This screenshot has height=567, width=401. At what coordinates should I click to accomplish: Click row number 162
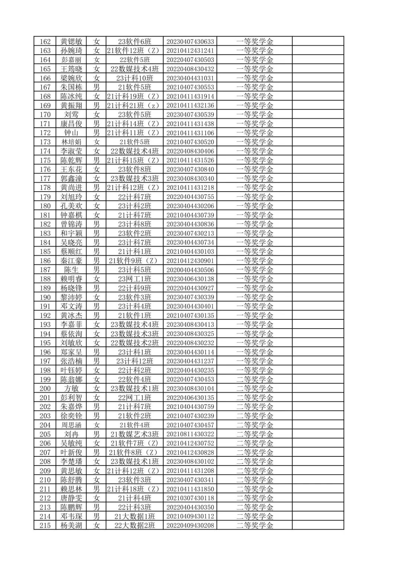(45, 42)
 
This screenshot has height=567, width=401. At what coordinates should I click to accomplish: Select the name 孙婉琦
(71, 51)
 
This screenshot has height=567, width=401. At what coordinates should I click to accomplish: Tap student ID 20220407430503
(190, 60)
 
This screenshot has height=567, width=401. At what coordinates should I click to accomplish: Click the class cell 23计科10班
(134, 78)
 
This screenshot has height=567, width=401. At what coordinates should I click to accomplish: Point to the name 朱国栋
(71, 87)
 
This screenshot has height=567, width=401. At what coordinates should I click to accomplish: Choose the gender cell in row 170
(97, 115)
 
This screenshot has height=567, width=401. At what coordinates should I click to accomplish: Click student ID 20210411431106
(190, 133)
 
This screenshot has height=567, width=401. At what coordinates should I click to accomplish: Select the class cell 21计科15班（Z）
(134, 160)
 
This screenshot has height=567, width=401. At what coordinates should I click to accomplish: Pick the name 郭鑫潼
(71, 179)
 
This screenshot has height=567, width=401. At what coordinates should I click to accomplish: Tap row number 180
(45, 206)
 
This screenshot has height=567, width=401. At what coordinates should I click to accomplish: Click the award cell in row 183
(255, 234)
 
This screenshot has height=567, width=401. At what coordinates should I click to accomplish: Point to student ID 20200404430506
(190, 270)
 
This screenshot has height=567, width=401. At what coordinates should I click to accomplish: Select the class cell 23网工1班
(134, 279)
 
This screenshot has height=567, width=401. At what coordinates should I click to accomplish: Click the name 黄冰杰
(71, 316)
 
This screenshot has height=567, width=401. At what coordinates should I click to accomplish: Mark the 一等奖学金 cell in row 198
(255, 370)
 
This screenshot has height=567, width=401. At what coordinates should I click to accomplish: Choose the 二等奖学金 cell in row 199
(255, 379)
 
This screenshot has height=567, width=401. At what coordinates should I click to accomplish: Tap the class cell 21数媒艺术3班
(134, 434)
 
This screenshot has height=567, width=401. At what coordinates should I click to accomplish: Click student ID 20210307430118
(190, 498)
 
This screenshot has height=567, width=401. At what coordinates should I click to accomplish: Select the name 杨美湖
(71, 525)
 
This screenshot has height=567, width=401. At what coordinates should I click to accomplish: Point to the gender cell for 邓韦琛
(97, 517)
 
